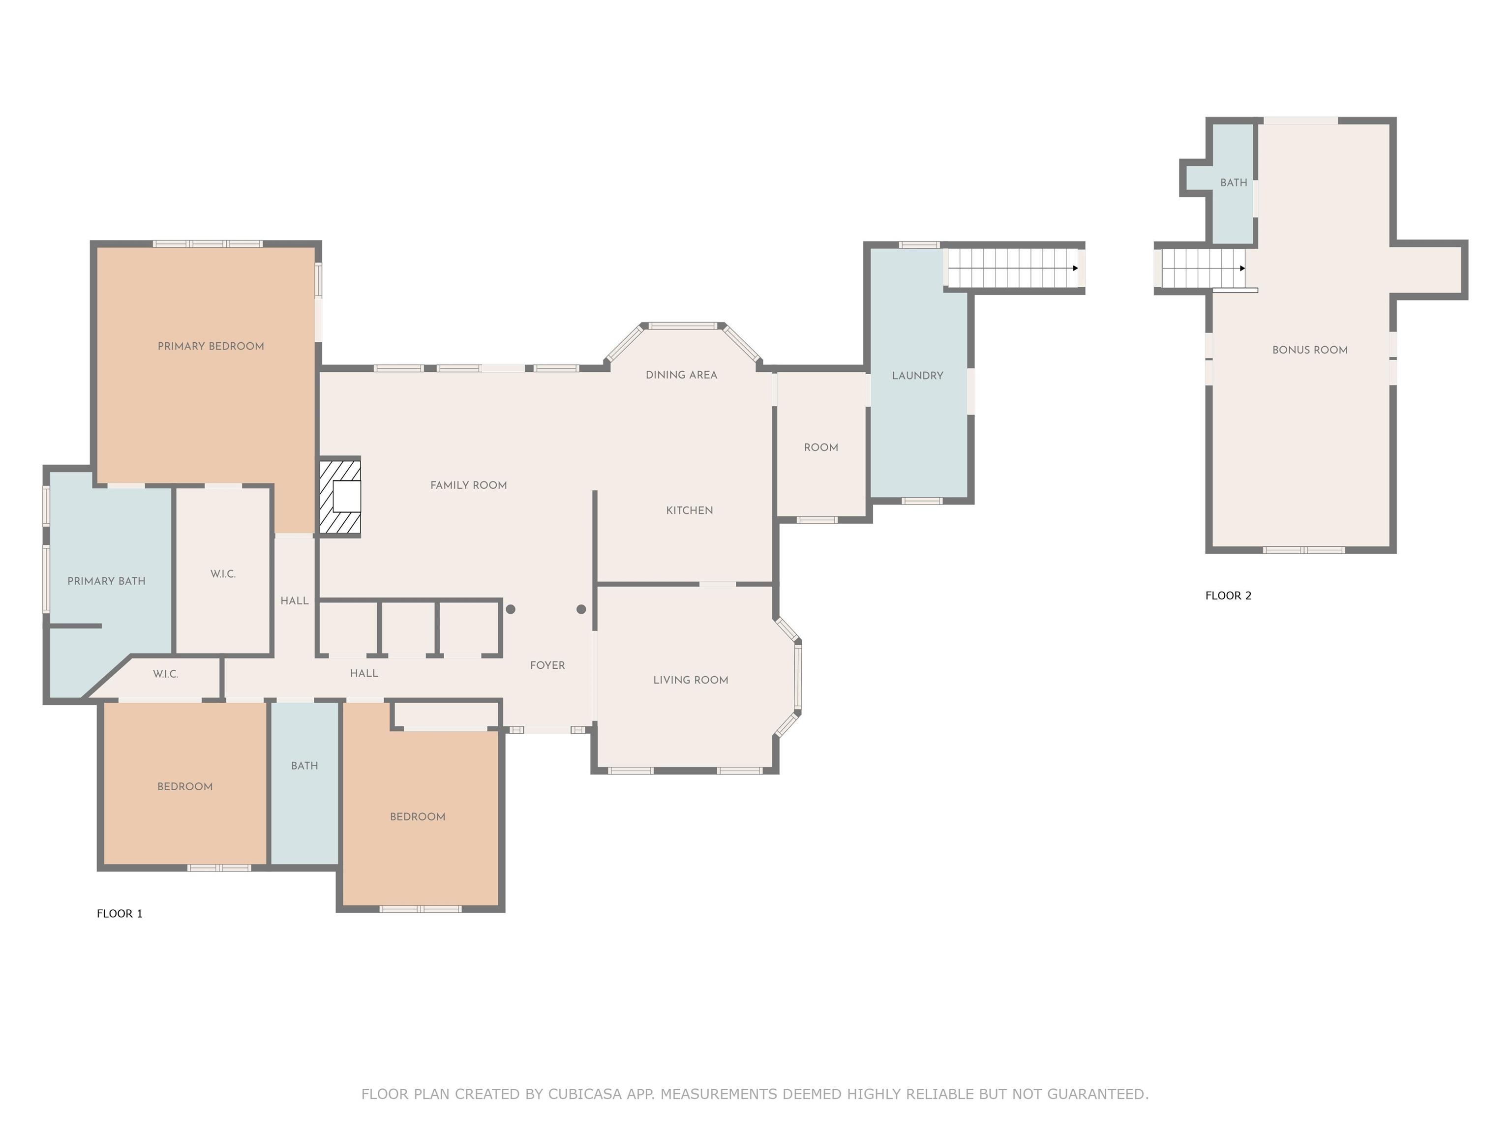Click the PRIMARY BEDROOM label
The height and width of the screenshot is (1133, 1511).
click(x=211, y=346)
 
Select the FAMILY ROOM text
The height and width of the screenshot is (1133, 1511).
click(x=469, y=485)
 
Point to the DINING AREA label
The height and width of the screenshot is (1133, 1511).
click(x=681, y=375)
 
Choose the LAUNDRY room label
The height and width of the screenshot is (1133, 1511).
click(x=917, y=376)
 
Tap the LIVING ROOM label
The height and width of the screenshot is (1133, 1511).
click(x=691, y=680)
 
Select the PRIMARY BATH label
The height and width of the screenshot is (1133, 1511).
click(x=107, y=581)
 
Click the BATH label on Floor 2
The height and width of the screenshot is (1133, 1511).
click(x=1234, y=183)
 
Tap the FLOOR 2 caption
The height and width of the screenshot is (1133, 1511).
click(x=1228, y=596)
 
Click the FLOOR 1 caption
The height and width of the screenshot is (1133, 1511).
click(x=120, y=914)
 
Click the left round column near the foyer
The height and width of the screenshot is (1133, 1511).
click(x=510, y=609)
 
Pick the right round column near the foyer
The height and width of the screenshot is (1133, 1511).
click(x=581, y=609)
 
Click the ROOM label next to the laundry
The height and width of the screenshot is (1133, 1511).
click(x=821, y=448)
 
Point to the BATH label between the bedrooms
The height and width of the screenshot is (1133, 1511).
click(x=304, y=766)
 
